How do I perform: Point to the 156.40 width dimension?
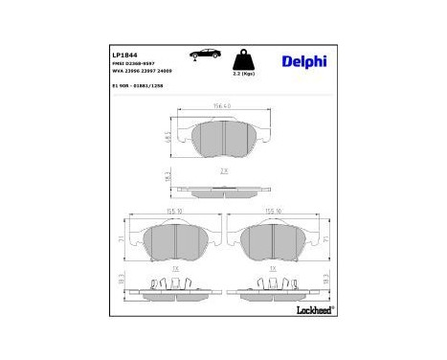tap(222, 105)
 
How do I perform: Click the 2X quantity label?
tap(223, 169)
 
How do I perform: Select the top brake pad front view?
tap(222, 139)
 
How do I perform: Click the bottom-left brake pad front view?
tap(176, 244)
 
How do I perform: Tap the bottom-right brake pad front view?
tap(274, 244)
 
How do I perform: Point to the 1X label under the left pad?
tap(175, 270)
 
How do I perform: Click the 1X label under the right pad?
tap(274, 270)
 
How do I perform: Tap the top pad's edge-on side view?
tap(222, 189)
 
